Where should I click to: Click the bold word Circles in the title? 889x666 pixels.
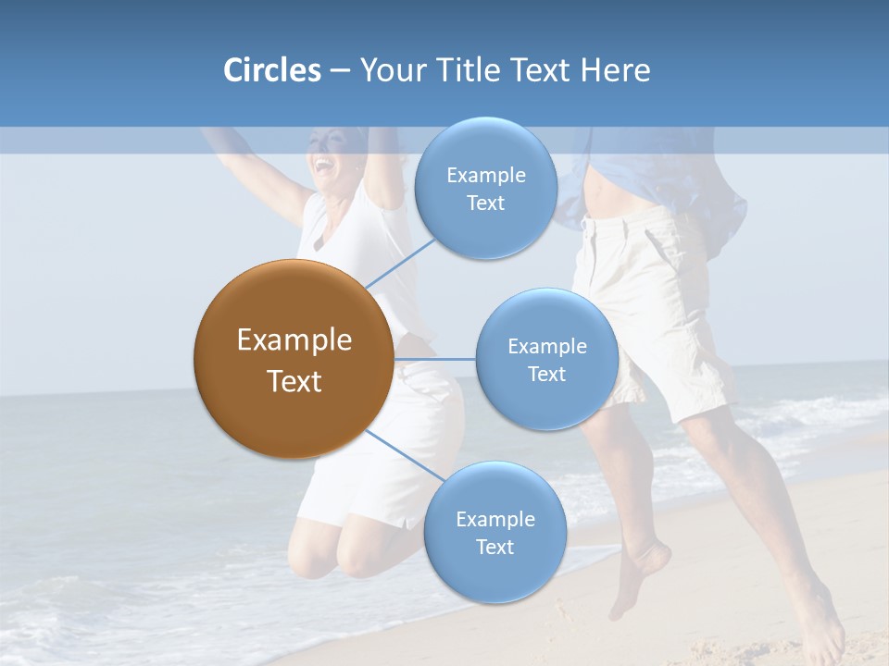pos(271,70)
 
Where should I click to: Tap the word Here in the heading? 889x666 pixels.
pos(615,70)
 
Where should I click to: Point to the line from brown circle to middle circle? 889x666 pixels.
pos(435,359)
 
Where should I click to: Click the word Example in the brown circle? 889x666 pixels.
pos(294,340)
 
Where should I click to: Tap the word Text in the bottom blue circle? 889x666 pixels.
pos(495,547)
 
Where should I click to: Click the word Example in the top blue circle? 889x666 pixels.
pos(485,175)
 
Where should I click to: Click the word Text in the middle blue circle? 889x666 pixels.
pos(546,374)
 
